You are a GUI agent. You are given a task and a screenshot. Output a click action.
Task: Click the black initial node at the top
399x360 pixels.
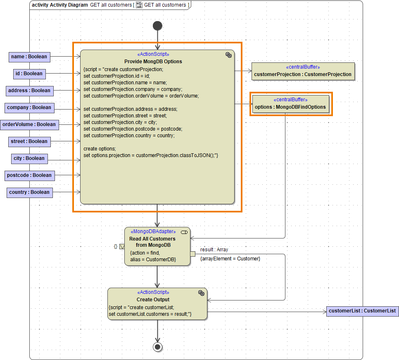[x=157, y=26]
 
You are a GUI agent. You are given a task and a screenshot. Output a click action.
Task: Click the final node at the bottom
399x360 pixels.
[x=157, y=346]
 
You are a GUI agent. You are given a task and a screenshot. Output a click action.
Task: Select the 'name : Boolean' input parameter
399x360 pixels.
[x=29, y=57]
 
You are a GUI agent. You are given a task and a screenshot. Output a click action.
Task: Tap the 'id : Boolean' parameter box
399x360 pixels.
[x=29, y=74]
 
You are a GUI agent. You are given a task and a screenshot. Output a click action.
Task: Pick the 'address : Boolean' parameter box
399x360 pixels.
[x=29, y=91]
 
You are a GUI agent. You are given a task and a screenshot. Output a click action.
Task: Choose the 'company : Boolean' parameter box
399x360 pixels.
[x=29, y=107]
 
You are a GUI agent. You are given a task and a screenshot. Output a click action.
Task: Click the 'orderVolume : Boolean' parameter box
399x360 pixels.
[x=29, y=124]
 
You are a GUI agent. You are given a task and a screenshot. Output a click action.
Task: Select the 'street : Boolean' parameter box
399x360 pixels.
[x=29, y=141]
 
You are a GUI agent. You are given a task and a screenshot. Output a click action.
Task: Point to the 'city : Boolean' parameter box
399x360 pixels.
[x=29, y=158]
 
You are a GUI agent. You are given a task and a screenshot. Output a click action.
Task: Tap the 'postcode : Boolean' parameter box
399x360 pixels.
[x=29, y=175]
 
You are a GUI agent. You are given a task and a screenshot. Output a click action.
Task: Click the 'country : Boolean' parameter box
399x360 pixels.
[x=29, y=192]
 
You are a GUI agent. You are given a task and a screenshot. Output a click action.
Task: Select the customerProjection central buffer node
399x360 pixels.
[x=303, y=71]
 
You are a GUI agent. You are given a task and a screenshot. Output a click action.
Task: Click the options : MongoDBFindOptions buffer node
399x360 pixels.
[x=290, y=104]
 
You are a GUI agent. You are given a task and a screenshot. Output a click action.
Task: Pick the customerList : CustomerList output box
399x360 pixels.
[x=362, y=311]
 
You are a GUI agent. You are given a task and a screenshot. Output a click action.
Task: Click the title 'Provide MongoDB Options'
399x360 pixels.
[x=153, y=62]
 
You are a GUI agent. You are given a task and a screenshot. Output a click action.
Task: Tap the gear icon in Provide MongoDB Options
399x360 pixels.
[x=228, y=55]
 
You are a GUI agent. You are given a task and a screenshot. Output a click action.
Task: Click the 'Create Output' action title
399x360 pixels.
[x=153, y=300]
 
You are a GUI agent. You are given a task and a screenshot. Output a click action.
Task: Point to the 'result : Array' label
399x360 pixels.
[x=214, y=250]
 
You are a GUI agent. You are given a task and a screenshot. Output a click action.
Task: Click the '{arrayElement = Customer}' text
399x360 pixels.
[x=230, y=259]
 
